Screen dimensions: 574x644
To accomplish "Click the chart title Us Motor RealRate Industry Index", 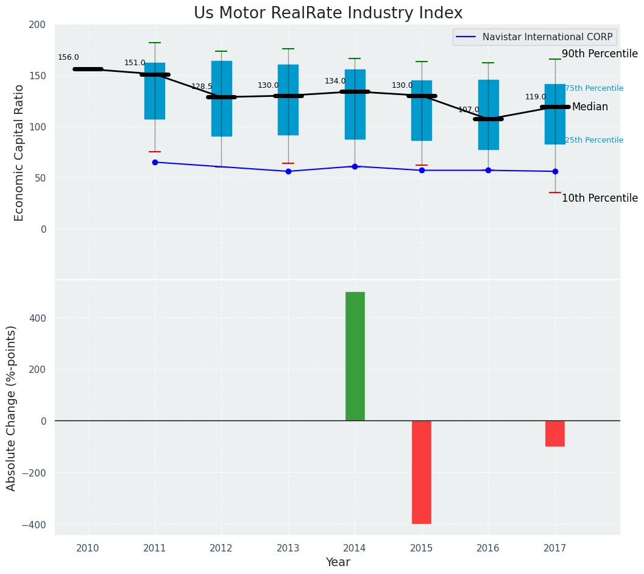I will (328, 13).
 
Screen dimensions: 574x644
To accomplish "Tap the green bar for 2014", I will (355, 356).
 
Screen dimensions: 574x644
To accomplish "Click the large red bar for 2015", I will (422, 472).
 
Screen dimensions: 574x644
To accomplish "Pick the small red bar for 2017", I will (555, 433).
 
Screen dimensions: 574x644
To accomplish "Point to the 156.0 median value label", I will (68, 57).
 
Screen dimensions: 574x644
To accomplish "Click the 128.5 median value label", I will (202, 87).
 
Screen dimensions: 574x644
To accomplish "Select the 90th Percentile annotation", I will (600, 54).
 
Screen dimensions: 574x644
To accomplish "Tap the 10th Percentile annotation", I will (600, 198).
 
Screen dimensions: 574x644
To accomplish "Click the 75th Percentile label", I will (594, 88).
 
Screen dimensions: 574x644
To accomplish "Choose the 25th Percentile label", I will (594, 140).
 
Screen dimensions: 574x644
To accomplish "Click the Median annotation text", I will (590, 107).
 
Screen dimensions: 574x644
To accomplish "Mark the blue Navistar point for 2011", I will (155, 162).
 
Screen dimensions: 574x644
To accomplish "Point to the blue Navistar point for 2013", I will (288, 171).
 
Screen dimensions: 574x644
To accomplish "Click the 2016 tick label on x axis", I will (488, 548).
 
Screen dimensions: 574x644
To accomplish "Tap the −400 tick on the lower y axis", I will (34, 525).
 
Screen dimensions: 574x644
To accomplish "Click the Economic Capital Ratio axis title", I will (19, 152).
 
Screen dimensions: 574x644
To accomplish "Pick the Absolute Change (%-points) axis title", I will (12, 408).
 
